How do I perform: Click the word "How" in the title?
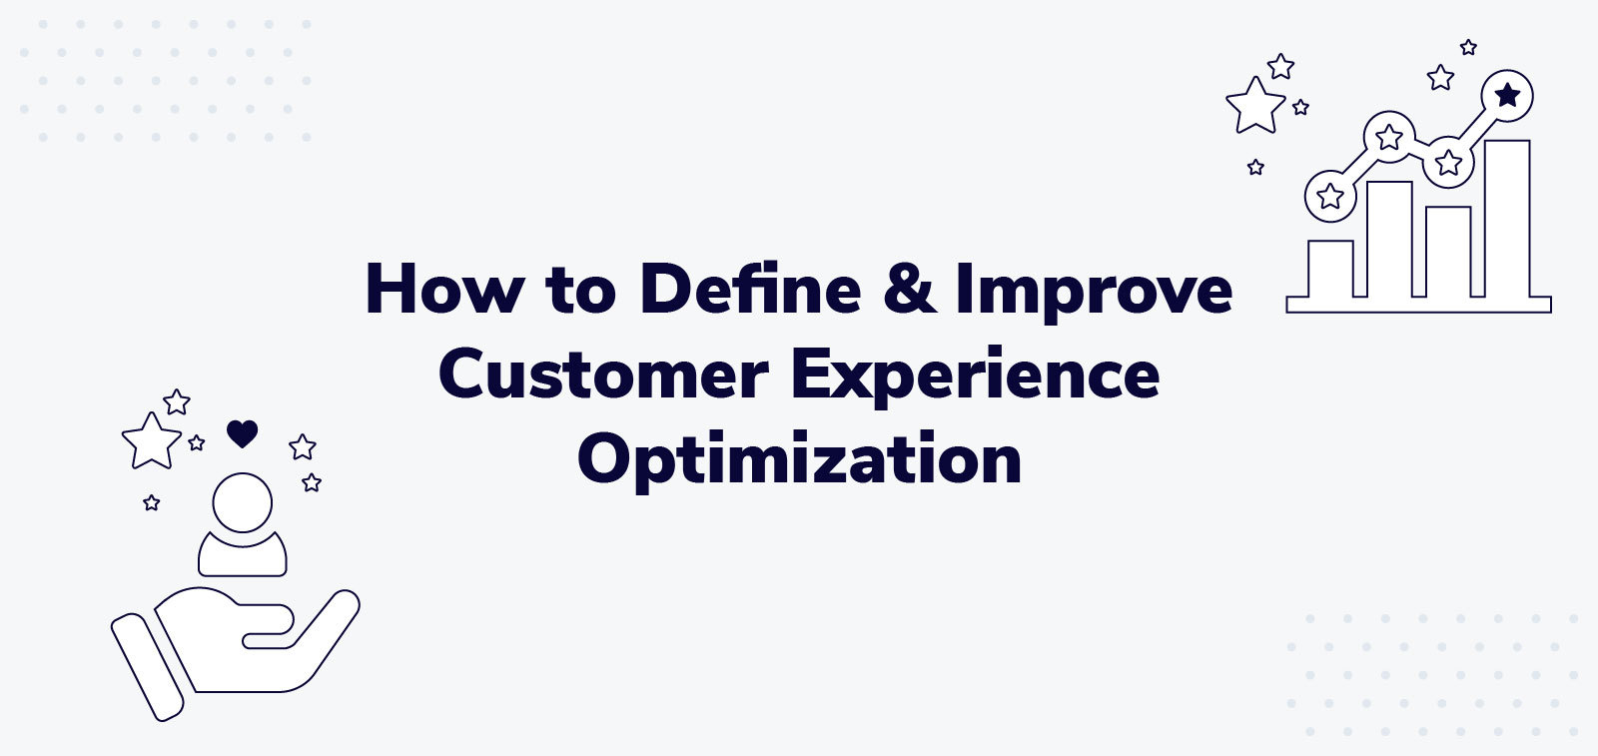click(442, 290)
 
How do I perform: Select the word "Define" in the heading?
click(750, 290)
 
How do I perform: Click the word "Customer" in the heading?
click(603, 376)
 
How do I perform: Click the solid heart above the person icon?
click(243, 433)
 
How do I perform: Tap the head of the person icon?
click(243, 502)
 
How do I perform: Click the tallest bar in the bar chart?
click(1507, 220)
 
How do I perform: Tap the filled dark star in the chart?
click(1507, 96)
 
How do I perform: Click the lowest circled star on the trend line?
click(1330, 196)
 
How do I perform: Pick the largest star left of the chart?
click(1254, 106)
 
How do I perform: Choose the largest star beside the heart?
click(151, 440)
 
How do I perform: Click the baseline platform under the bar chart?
click(1418, 305)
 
